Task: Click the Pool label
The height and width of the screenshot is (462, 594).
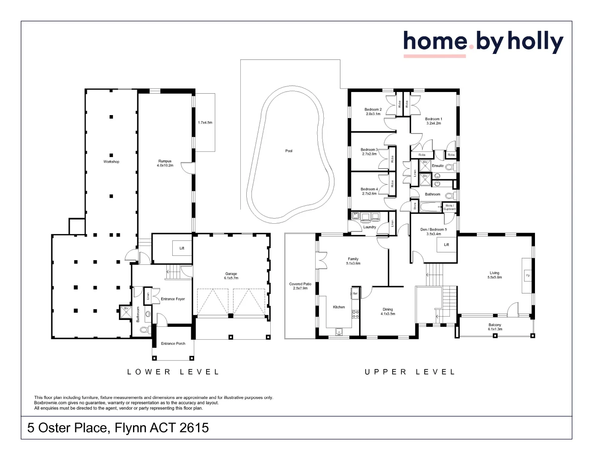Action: click(x=289, y=151)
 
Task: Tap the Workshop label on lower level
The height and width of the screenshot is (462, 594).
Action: click(x=111, y=162)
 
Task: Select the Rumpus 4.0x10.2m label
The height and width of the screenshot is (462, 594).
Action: click(x=165, y=163)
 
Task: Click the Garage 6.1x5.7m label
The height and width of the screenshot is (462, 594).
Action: click(x=231, y=276)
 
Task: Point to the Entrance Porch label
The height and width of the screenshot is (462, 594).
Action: click(x=173, y=344)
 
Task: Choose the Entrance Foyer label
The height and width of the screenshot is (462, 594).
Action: click(x=173, y=299)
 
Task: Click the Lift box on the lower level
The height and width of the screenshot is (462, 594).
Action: click(x=182, y=248)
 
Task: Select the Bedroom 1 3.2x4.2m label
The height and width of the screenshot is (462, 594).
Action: click(x=433, y=121)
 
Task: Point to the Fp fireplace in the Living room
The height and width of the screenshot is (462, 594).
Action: click(x=527, y=275)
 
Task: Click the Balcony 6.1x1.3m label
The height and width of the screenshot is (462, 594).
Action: click(x=495, y=327)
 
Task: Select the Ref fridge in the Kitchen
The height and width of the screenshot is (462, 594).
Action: click(x=355, y=293)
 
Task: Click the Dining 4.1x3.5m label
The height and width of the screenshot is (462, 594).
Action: click(x=387, y=311)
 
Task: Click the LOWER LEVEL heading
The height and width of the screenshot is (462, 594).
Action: click(x=173, y=372)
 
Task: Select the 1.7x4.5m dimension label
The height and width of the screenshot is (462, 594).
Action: click(x=205, y=123)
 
